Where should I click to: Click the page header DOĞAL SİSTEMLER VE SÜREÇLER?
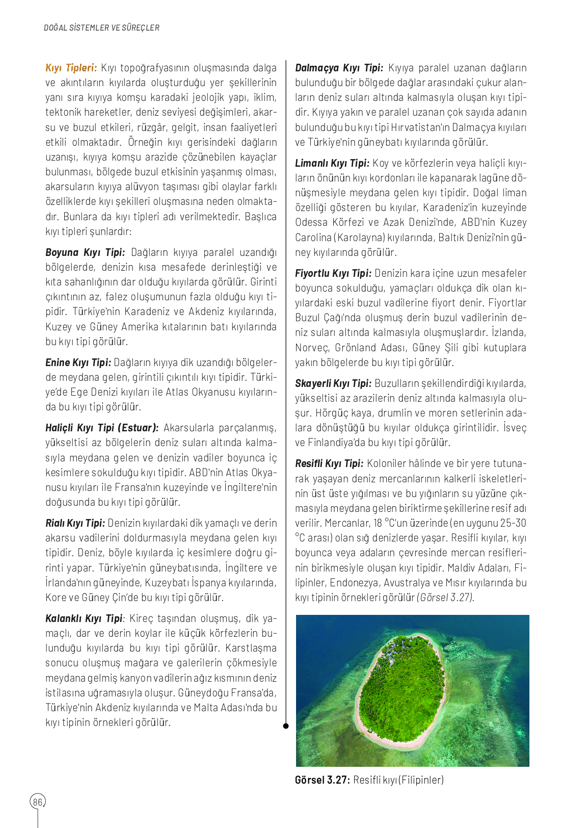(x=101, y=28)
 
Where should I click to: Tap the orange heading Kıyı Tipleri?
(x=71, y=68)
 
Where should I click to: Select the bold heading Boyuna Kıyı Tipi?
(x=85, y=252)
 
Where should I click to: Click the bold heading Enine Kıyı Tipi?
(x=78, y=363)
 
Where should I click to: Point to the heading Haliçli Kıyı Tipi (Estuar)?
(x=102, y=428)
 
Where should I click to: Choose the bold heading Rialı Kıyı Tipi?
(x=75, y=523)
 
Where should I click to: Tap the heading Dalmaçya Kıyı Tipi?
(x=339, y=68)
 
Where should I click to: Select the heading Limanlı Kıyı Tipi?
(x=332, y=163)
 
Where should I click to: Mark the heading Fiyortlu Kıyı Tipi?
(x=333, y=273)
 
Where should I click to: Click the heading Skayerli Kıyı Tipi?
(x=333, y=383)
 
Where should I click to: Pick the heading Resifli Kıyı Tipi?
(x=329, y=463)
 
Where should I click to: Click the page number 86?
(x=38, y=802)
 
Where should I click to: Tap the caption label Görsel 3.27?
(x=322, y=780)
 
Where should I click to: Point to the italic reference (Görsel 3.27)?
(x=445, y=598)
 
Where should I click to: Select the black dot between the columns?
(x=286, y=726)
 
